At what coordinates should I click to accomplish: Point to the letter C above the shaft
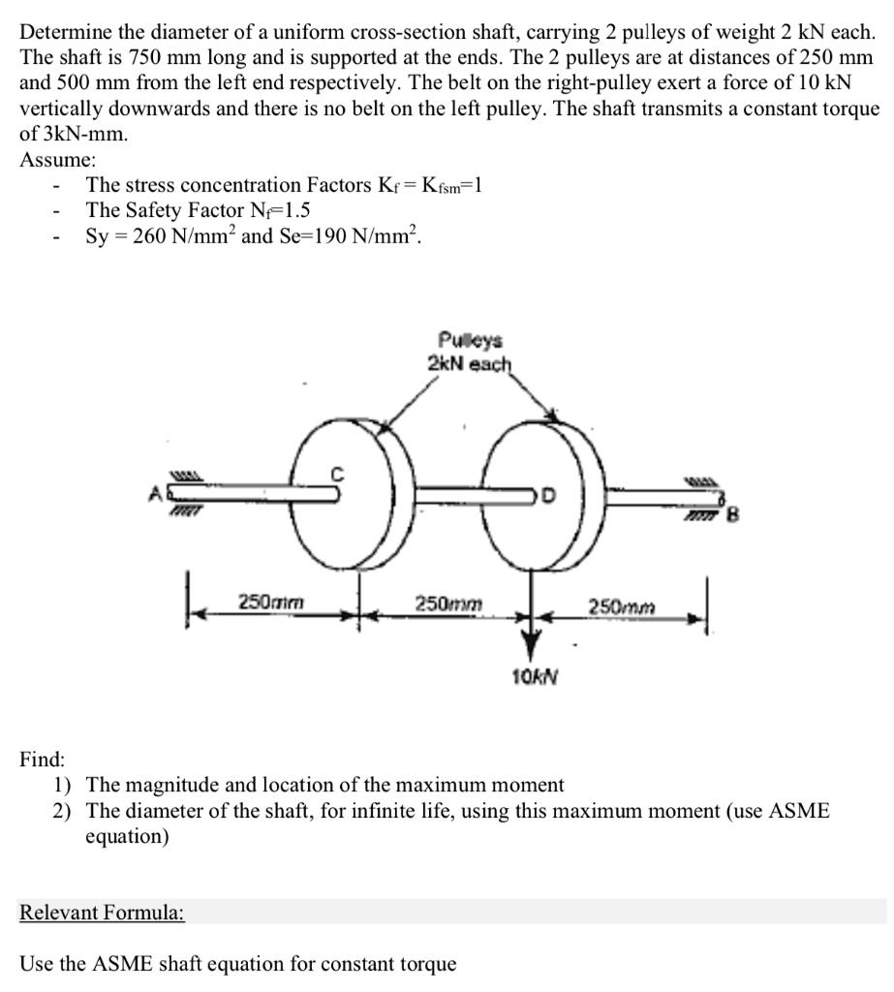point(339,474)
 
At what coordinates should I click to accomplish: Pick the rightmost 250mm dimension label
point(622,606)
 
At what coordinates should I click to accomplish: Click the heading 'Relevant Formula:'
point(103,913)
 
